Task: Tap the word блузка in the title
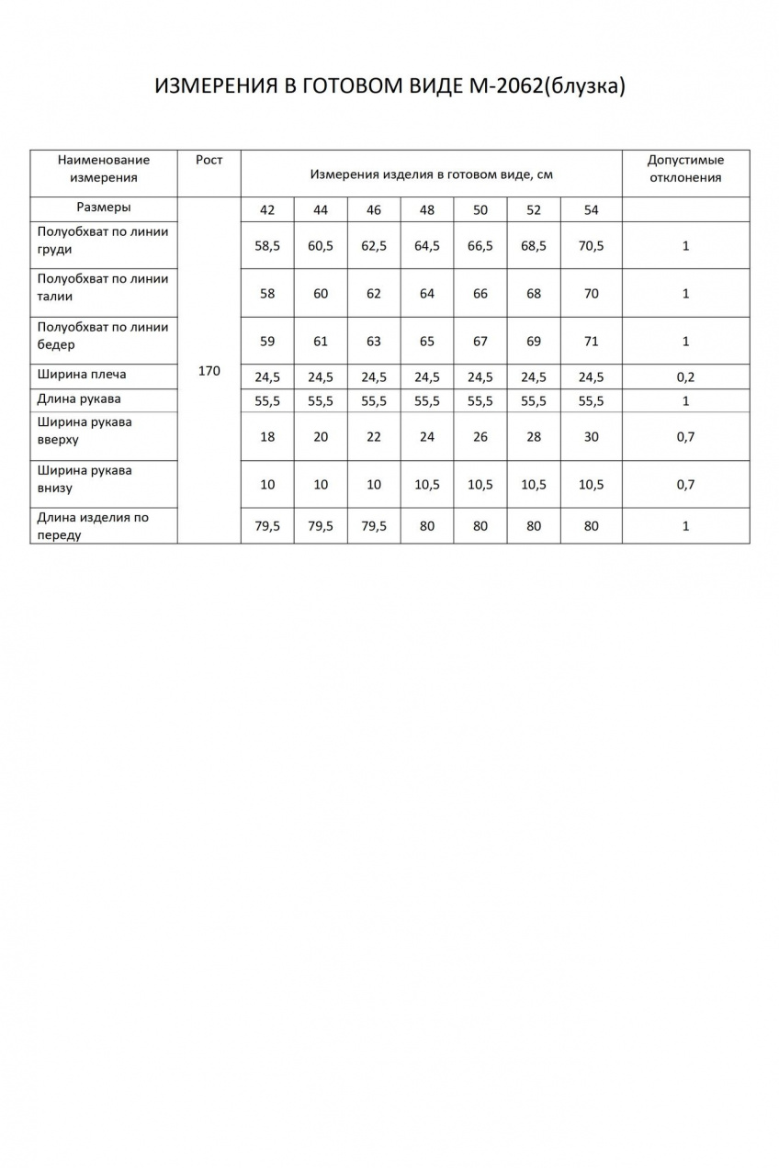click(x=584, y=85)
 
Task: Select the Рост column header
click(x=209, y=160)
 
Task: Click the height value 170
click(x=209, y=371)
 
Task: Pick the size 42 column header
click(x=267, y=209)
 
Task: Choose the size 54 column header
click(x=591, y=209)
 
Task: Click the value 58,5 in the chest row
click(x=267, y=246)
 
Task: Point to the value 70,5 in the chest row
click(x=591, y=246)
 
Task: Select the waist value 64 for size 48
click(x=427, y=294)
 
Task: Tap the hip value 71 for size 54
click(x=591, y=342)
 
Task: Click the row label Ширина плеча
click(x=83, y=375)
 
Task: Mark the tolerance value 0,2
click(x=685, y=376)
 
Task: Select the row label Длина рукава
click(x=79, y=399)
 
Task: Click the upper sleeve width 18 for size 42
click(x=267, y=437)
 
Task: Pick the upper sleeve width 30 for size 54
click(x=591, y=437)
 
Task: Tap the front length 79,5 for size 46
click(x=374, y=526)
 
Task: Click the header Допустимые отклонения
click(x=685, y=169)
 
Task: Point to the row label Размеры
click(x=104, y=208)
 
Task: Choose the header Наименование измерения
click(x=104, y=169)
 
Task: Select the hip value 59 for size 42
click(x=267, y=342)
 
